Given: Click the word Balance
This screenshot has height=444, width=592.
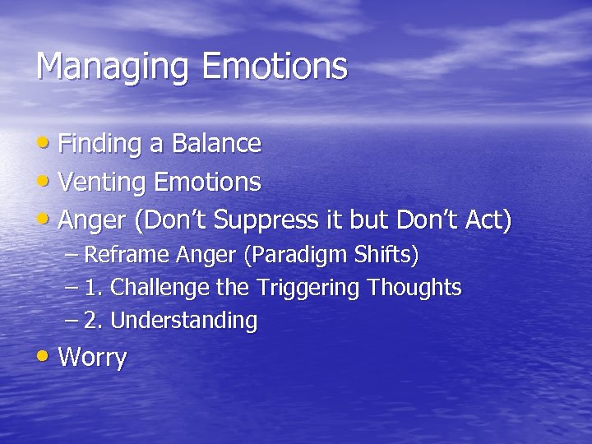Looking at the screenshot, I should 216,144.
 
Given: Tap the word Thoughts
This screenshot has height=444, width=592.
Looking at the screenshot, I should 414,288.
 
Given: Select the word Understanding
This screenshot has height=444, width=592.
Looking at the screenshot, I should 183,321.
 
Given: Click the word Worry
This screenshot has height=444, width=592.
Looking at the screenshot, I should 93,358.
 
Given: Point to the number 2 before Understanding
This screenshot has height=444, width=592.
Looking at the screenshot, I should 90,320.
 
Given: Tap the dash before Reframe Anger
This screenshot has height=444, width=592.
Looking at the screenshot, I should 72,255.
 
